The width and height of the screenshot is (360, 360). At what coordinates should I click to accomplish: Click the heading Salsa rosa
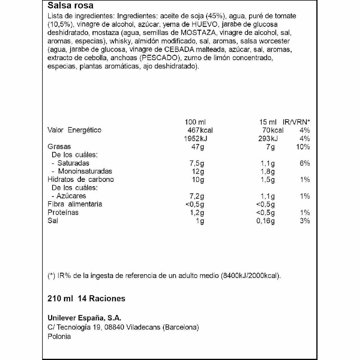coord(70,5)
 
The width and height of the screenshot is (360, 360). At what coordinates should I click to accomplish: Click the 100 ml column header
coord(195,122)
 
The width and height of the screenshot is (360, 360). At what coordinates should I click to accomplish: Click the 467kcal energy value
coord(201,130)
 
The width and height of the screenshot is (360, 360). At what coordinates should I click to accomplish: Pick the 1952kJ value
coord(199,139)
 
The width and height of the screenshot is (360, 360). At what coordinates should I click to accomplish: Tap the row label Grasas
coord(59,147)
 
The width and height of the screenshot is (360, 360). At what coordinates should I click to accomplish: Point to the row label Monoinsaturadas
coord(85,171)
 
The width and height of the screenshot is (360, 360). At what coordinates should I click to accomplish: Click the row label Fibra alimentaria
coord(75,204)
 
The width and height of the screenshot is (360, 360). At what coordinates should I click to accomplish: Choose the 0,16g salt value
coord(266,221)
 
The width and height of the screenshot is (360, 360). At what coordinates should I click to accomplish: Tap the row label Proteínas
coord(63,212)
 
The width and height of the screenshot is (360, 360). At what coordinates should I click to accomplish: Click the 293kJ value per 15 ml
coord(266,139)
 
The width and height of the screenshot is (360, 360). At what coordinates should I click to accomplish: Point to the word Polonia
coord(59,337)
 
